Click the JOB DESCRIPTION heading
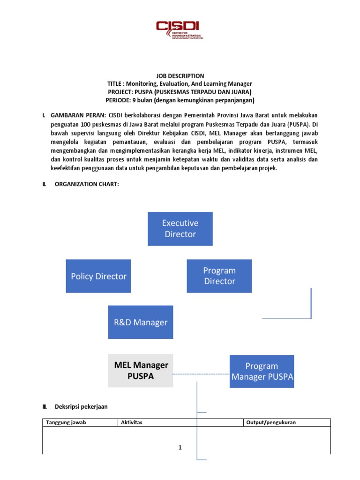(x=180, y=75)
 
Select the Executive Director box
(x=180, y=229)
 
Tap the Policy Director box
(x=98, y=276)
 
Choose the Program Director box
(x=219, y=276)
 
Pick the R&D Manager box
(x=141, y=322)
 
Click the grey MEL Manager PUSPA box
(x=141, y=371)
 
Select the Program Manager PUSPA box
(x=262, y=371)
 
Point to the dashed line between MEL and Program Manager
(x=201, y=374)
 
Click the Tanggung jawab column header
(x=66, y=422)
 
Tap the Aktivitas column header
(x=132, y=422)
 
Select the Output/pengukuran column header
(x=271, y=422)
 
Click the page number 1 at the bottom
(x=180, y=448)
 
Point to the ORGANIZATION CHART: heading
(x=87, y=184)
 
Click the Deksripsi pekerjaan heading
(x=81, y=406)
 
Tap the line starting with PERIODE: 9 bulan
(x=180, y=100)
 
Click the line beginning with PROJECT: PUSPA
(x=180, y=92)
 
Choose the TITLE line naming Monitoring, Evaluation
(x=180, y=83)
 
